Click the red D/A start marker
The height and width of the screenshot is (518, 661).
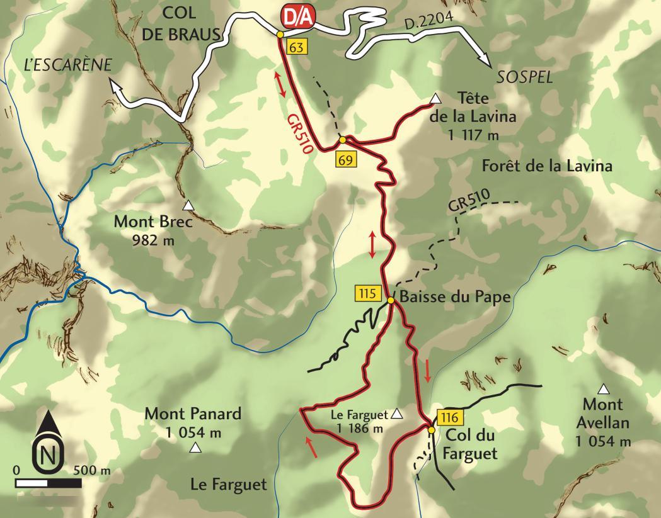295,17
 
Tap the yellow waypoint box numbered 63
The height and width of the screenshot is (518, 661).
296,47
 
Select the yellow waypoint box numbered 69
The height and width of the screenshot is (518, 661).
345,159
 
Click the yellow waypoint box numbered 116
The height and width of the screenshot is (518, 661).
449,417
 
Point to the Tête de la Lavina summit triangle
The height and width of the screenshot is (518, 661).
435,98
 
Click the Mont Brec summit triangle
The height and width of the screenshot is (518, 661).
188,205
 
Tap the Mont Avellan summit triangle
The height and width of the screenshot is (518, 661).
604,388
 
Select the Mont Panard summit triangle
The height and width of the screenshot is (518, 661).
195,448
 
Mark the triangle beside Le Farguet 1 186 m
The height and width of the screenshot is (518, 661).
397,414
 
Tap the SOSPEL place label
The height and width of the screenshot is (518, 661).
524,77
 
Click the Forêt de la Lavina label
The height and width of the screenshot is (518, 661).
546,166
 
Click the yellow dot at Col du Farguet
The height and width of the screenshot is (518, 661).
432,431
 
